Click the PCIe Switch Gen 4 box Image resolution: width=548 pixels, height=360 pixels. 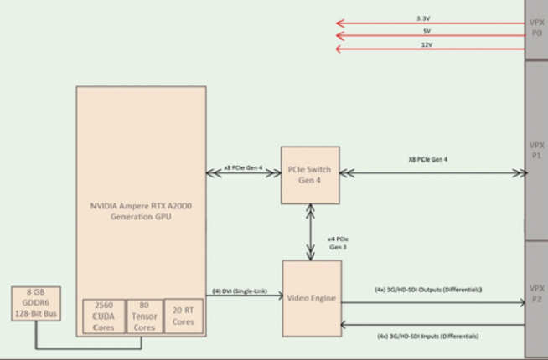click(x=310, y=174)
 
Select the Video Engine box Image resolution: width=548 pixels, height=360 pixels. click(x=312, y=298)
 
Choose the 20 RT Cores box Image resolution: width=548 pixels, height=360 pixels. click(x=183, y=316)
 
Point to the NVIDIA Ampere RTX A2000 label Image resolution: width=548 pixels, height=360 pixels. click(x=140, y=209)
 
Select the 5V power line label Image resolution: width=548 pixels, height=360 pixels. click(x=427, y=31)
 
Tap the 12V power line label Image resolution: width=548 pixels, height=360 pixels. click(x=427, y=45)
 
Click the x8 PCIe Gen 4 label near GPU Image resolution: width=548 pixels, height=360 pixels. click(x=243, y=167)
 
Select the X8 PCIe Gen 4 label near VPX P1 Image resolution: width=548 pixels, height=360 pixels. click(x=427, y=159)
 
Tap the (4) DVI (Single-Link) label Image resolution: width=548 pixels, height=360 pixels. click(x=242, y=291)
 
